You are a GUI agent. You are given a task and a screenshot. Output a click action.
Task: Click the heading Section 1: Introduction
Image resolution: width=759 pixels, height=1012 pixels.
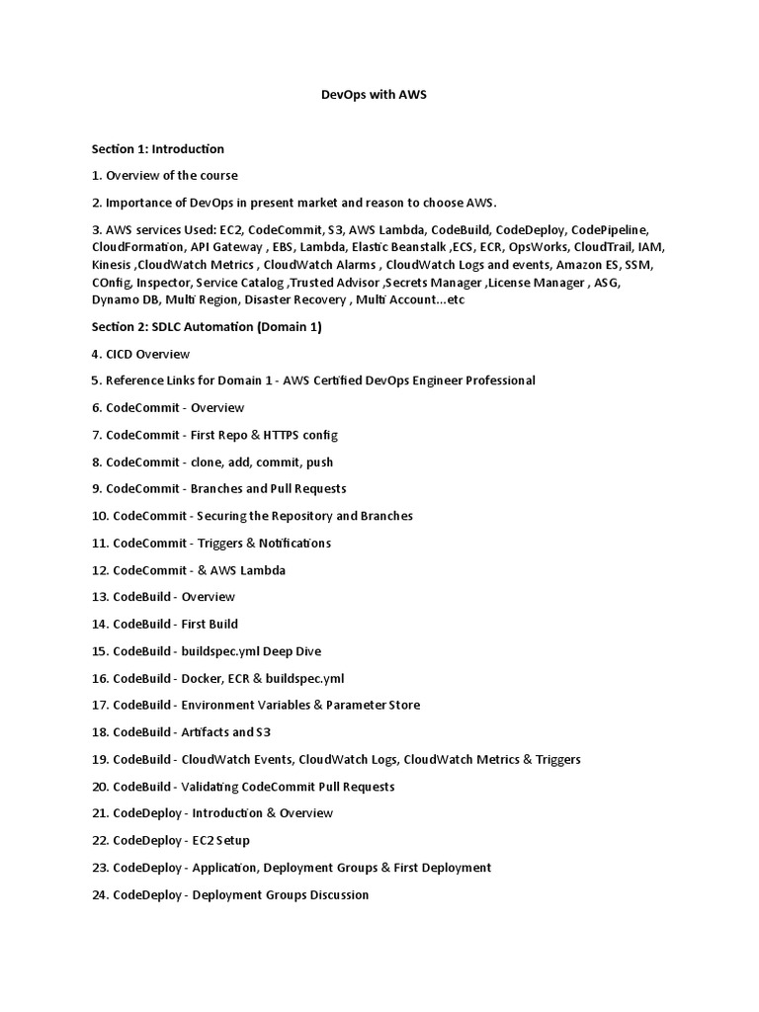(x=158, y=149)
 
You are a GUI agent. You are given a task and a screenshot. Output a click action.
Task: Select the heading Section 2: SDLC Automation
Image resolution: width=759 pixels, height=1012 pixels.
(x=207, y=327)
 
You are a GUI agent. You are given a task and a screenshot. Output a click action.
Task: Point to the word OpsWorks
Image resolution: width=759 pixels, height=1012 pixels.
(x=546, y=246)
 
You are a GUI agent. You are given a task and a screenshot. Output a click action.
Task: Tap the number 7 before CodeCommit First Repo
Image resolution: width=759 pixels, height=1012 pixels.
(x=96, y=435)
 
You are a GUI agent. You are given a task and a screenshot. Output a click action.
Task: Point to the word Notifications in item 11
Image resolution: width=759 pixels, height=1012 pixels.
(x=292, y=544)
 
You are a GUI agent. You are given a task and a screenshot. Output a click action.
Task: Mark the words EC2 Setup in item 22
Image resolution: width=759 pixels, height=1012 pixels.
(x=220, y=840)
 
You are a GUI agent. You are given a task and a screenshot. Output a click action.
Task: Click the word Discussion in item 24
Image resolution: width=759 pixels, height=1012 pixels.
(x=333, y=894)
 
